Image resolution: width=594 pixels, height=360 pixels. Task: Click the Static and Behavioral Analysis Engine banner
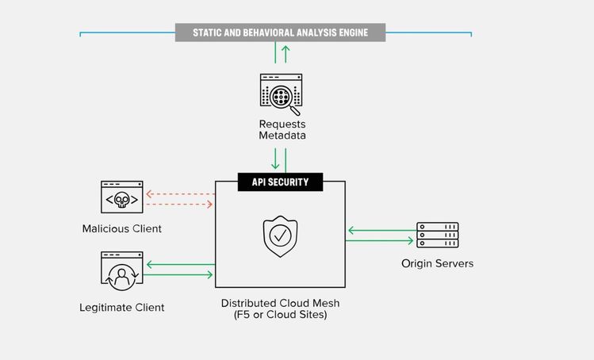(x=280, y=33)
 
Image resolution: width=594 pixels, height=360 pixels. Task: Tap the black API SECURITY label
(x=280, y=182)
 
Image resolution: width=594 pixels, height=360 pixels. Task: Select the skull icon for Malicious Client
(x=122, y=198)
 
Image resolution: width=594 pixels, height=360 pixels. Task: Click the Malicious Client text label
(x=121, y=228)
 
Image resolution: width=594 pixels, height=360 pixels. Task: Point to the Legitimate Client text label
(x=122, y=307)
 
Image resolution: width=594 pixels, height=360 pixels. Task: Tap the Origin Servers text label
(x=437, y=263)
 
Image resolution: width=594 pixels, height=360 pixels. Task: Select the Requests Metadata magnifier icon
(x=282, y=92)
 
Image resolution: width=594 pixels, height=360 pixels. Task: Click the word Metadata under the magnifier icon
(x=282, y=136)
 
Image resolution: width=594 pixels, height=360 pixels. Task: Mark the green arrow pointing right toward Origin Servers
(x=381, y=240)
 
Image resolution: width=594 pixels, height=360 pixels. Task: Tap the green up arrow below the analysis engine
(x=286, y=53)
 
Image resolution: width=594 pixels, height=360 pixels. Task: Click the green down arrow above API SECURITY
(x=274, y=159)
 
